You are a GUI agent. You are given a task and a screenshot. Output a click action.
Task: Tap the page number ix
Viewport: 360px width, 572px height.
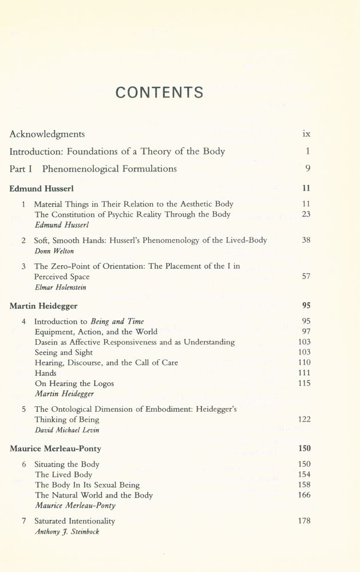click(306, 134)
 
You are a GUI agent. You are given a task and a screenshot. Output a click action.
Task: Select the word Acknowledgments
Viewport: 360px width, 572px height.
click(47, 134)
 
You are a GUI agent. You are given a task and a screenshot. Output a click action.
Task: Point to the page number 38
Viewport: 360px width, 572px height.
click(306, 240)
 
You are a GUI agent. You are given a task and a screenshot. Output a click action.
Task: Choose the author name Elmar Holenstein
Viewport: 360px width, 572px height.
click(61, 287)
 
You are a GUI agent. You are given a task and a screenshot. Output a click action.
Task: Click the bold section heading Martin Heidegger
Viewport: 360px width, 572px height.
click(43, 306)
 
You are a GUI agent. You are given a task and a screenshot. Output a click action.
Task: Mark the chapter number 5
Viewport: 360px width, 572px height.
click(24, 409)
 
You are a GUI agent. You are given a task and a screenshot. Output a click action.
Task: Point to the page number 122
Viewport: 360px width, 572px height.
click(304, 419)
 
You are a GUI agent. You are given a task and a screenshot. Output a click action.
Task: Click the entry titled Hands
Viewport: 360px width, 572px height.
click(46, 373)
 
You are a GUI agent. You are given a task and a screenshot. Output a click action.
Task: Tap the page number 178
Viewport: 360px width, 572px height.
click(304, 521)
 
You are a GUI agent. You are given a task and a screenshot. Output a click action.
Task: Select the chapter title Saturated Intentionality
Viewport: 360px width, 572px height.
click(74, 521)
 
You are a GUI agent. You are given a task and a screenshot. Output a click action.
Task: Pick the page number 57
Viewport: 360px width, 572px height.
click(306, 276)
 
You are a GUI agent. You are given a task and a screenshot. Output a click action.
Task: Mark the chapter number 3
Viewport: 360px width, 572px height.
click(24, 266)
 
